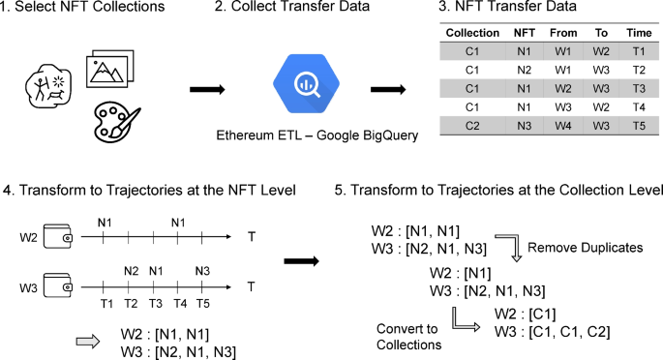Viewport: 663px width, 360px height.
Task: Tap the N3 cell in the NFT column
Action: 524,126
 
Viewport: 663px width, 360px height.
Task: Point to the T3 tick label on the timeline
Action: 154,303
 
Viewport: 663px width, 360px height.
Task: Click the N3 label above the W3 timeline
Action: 201,271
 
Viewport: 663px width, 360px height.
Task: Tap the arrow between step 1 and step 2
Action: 208,89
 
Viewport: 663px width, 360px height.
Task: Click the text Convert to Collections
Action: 407,336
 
